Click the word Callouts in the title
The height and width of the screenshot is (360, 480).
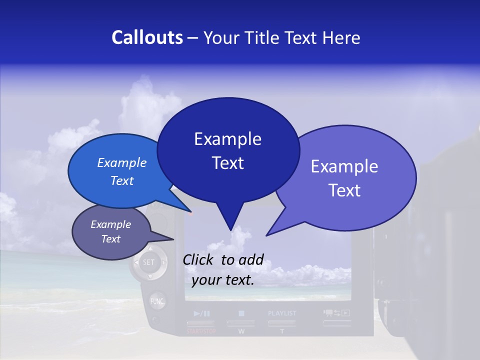147,37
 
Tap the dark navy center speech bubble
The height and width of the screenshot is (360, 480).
228,150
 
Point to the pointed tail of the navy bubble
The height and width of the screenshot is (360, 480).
230,228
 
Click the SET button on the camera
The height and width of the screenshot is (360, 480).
149,262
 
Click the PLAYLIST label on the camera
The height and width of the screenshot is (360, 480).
282,313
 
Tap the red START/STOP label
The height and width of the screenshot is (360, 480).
201,331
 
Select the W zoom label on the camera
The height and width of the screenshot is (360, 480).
241,331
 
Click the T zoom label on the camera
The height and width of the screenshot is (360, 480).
282,331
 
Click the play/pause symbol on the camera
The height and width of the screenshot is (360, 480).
202,313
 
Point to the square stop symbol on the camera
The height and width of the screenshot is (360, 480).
241,313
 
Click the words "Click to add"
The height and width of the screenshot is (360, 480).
223,259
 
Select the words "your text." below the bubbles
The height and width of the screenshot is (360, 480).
223,280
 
